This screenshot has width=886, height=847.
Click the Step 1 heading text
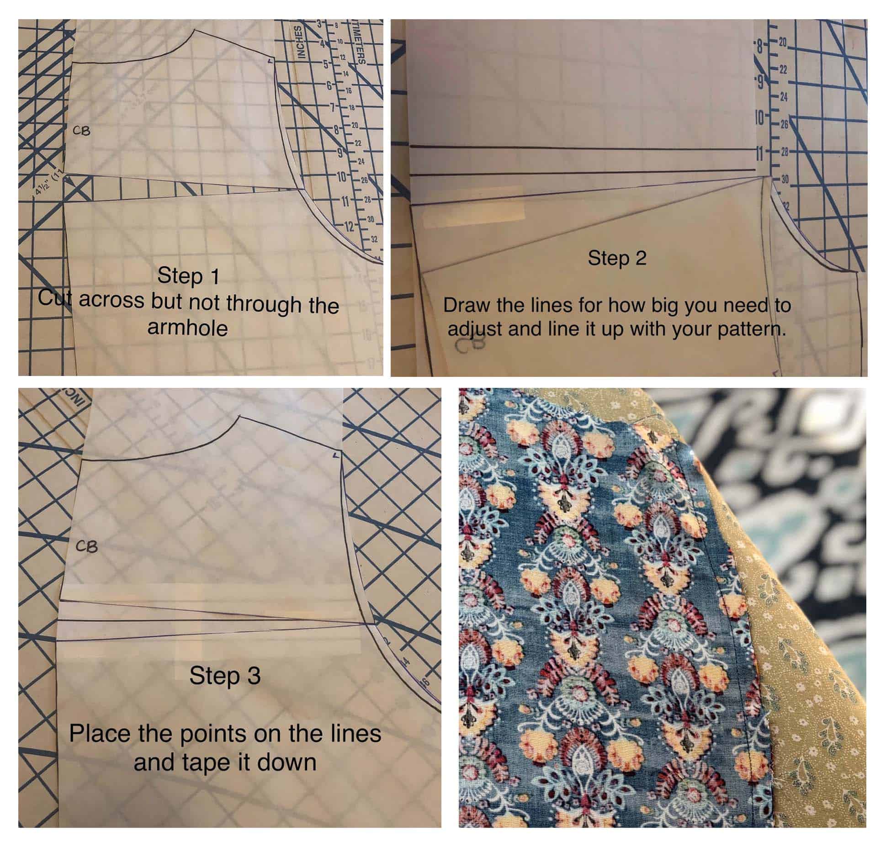point(188,276)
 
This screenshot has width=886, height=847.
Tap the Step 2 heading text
point(616,259)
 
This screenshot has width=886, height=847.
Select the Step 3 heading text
point(225,676)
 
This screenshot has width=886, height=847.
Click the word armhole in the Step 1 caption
point(187,328)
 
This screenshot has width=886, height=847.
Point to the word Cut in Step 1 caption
point(56,299)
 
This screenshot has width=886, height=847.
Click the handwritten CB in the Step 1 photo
point(81,131)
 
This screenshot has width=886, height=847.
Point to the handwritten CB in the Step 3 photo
point(87,546)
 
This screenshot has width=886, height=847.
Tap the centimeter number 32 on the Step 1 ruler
point(374,239)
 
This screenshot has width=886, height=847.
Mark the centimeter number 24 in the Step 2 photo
point(783,97)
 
